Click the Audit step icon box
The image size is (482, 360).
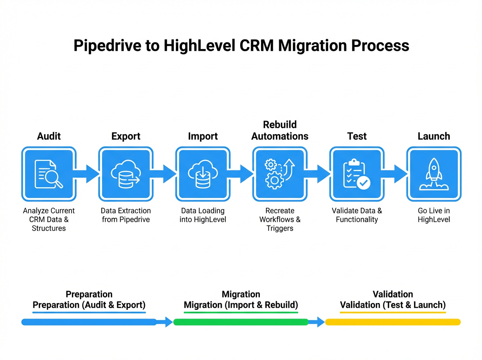49,174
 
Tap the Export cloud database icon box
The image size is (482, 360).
126,174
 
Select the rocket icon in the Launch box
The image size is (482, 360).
434,174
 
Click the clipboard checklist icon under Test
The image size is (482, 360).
357,174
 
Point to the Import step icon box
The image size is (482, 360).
203,174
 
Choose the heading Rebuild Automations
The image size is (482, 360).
280,131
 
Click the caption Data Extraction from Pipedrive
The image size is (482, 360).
126,215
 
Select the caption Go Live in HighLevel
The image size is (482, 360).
434,215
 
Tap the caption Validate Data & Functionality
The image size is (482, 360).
357,215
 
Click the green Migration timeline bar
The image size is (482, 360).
241,322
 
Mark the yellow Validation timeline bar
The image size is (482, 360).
392,322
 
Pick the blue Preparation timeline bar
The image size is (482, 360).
89,322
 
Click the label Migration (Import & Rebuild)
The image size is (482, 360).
241,305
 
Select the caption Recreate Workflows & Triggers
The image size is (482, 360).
280,219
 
